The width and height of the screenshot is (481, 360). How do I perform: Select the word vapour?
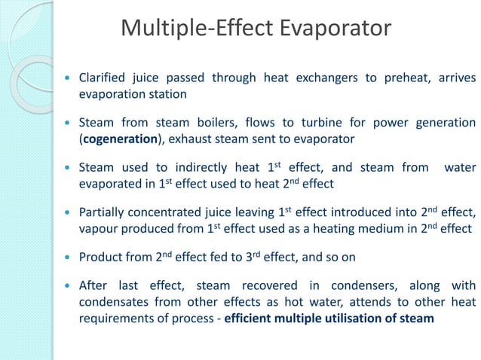[102, 228]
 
